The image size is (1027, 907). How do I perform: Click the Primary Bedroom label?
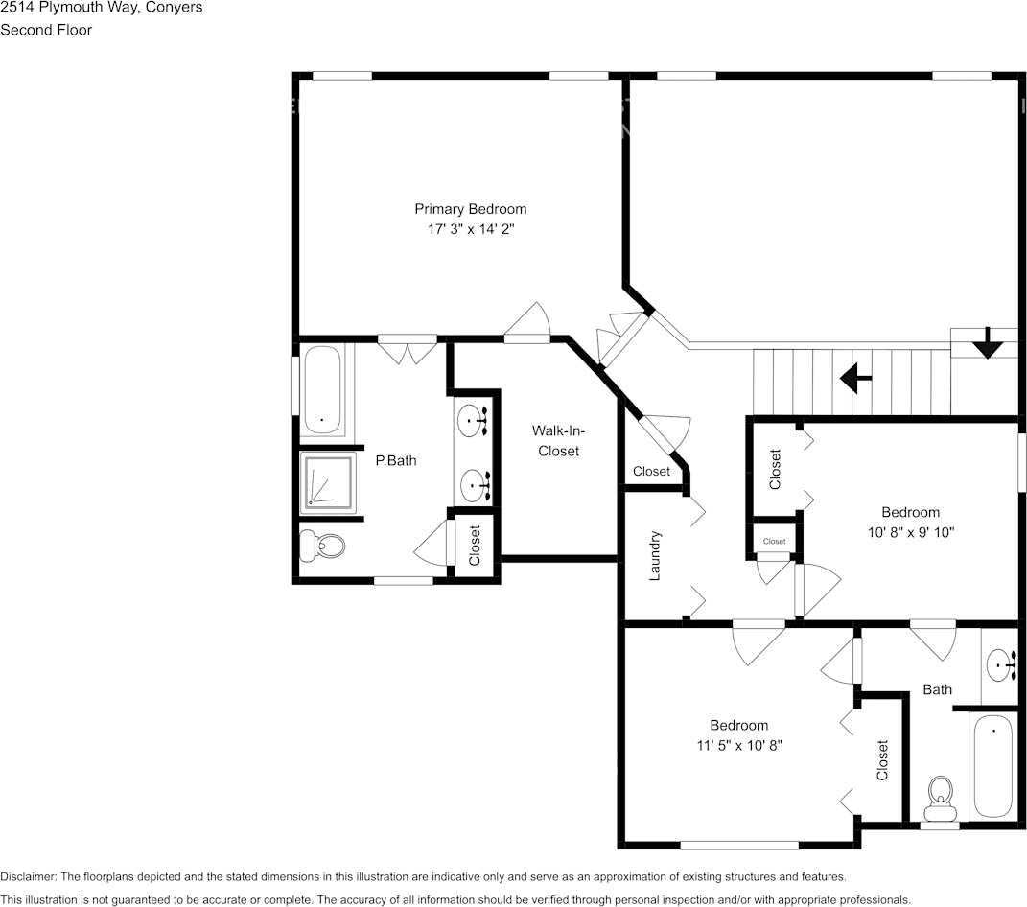470,209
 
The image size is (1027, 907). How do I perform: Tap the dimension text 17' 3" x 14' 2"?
470,230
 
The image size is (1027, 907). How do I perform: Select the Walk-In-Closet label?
558,441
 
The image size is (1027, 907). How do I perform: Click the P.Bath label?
395,460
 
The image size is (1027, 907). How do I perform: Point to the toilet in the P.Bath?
322,547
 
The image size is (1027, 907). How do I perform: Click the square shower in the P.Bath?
327,481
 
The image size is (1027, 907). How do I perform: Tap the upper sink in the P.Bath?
473,420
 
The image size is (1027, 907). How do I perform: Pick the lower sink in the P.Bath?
473,485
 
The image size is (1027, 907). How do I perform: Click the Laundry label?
656,556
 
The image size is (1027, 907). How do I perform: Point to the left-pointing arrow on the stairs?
855,378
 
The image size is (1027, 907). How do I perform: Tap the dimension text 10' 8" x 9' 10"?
910,532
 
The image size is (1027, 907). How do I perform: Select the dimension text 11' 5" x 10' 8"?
738,745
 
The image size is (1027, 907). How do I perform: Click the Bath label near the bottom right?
937,689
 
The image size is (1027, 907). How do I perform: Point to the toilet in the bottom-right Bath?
940,799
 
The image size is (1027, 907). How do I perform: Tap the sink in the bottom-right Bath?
1002,663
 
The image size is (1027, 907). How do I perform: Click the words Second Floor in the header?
46,30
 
